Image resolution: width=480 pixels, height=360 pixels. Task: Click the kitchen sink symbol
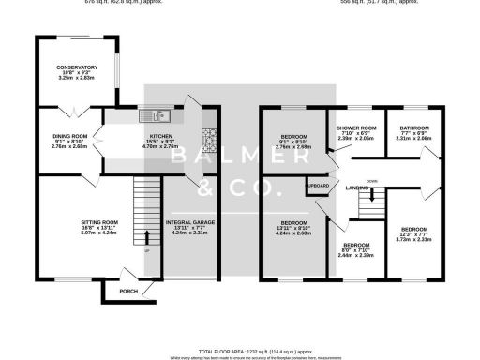pos(150,115)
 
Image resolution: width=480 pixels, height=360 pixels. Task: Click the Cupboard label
pos(317,186)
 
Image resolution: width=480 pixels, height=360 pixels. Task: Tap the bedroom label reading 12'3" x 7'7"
pos(413,229)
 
